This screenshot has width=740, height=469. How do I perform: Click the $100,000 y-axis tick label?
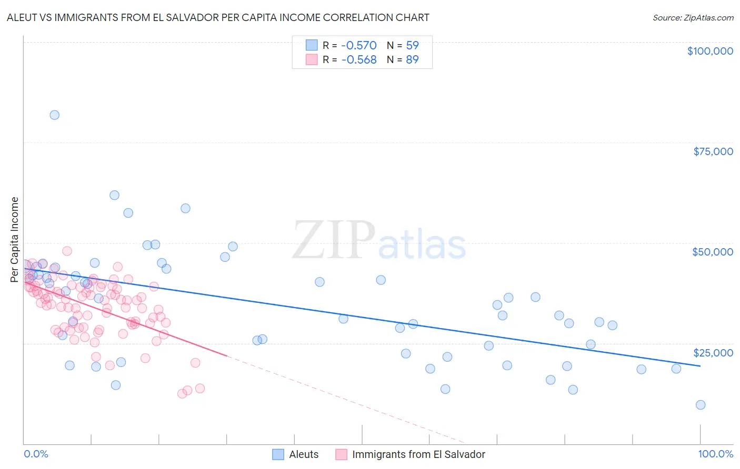click(x=710, y=51)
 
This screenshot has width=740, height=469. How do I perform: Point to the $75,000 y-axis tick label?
click(x=713, y=151)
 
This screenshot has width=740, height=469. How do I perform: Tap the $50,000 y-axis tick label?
click(x=713, y=252)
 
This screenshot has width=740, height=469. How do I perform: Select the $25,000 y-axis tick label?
click(x=713, y=353)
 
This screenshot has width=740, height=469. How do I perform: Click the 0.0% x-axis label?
click(x=36, y=454)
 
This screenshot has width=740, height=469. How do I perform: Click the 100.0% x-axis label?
click(x=716, y=454)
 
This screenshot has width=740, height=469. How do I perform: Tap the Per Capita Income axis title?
click(x=15, y=239)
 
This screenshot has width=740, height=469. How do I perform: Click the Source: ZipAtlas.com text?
click(x=693, y=18)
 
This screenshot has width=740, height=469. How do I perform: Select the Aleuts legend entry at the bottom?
click(x=304, y=455)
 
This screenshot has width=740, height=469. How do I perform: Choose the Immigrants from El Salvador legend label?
click(x=418, y=455)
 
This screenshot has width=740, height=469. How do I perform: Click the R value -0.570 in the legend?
click(x=359, y=46)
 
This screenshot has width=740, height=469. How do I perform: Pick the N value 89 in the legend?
click(x=412, y=60)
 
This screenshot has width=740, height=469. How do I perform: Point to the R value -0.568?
click(x=359, y=60)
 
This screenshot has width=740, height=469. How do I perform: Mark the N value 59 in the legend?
click(x=412, y=46)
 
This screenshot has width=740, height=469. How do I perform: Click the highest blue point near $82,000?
click(x=54, y=115)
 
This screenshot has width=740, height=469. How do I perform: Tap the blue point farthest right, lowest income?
click(x=700, y=405)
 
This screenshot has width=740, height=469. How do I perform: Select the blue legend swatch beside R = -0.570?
click(x=312, y=45)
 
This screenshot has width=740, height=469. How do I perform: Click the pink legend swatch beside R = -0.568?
click(x=312, y=59)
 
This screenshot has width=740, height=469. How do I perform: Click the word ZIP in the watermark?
click(x=333, y=240)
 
